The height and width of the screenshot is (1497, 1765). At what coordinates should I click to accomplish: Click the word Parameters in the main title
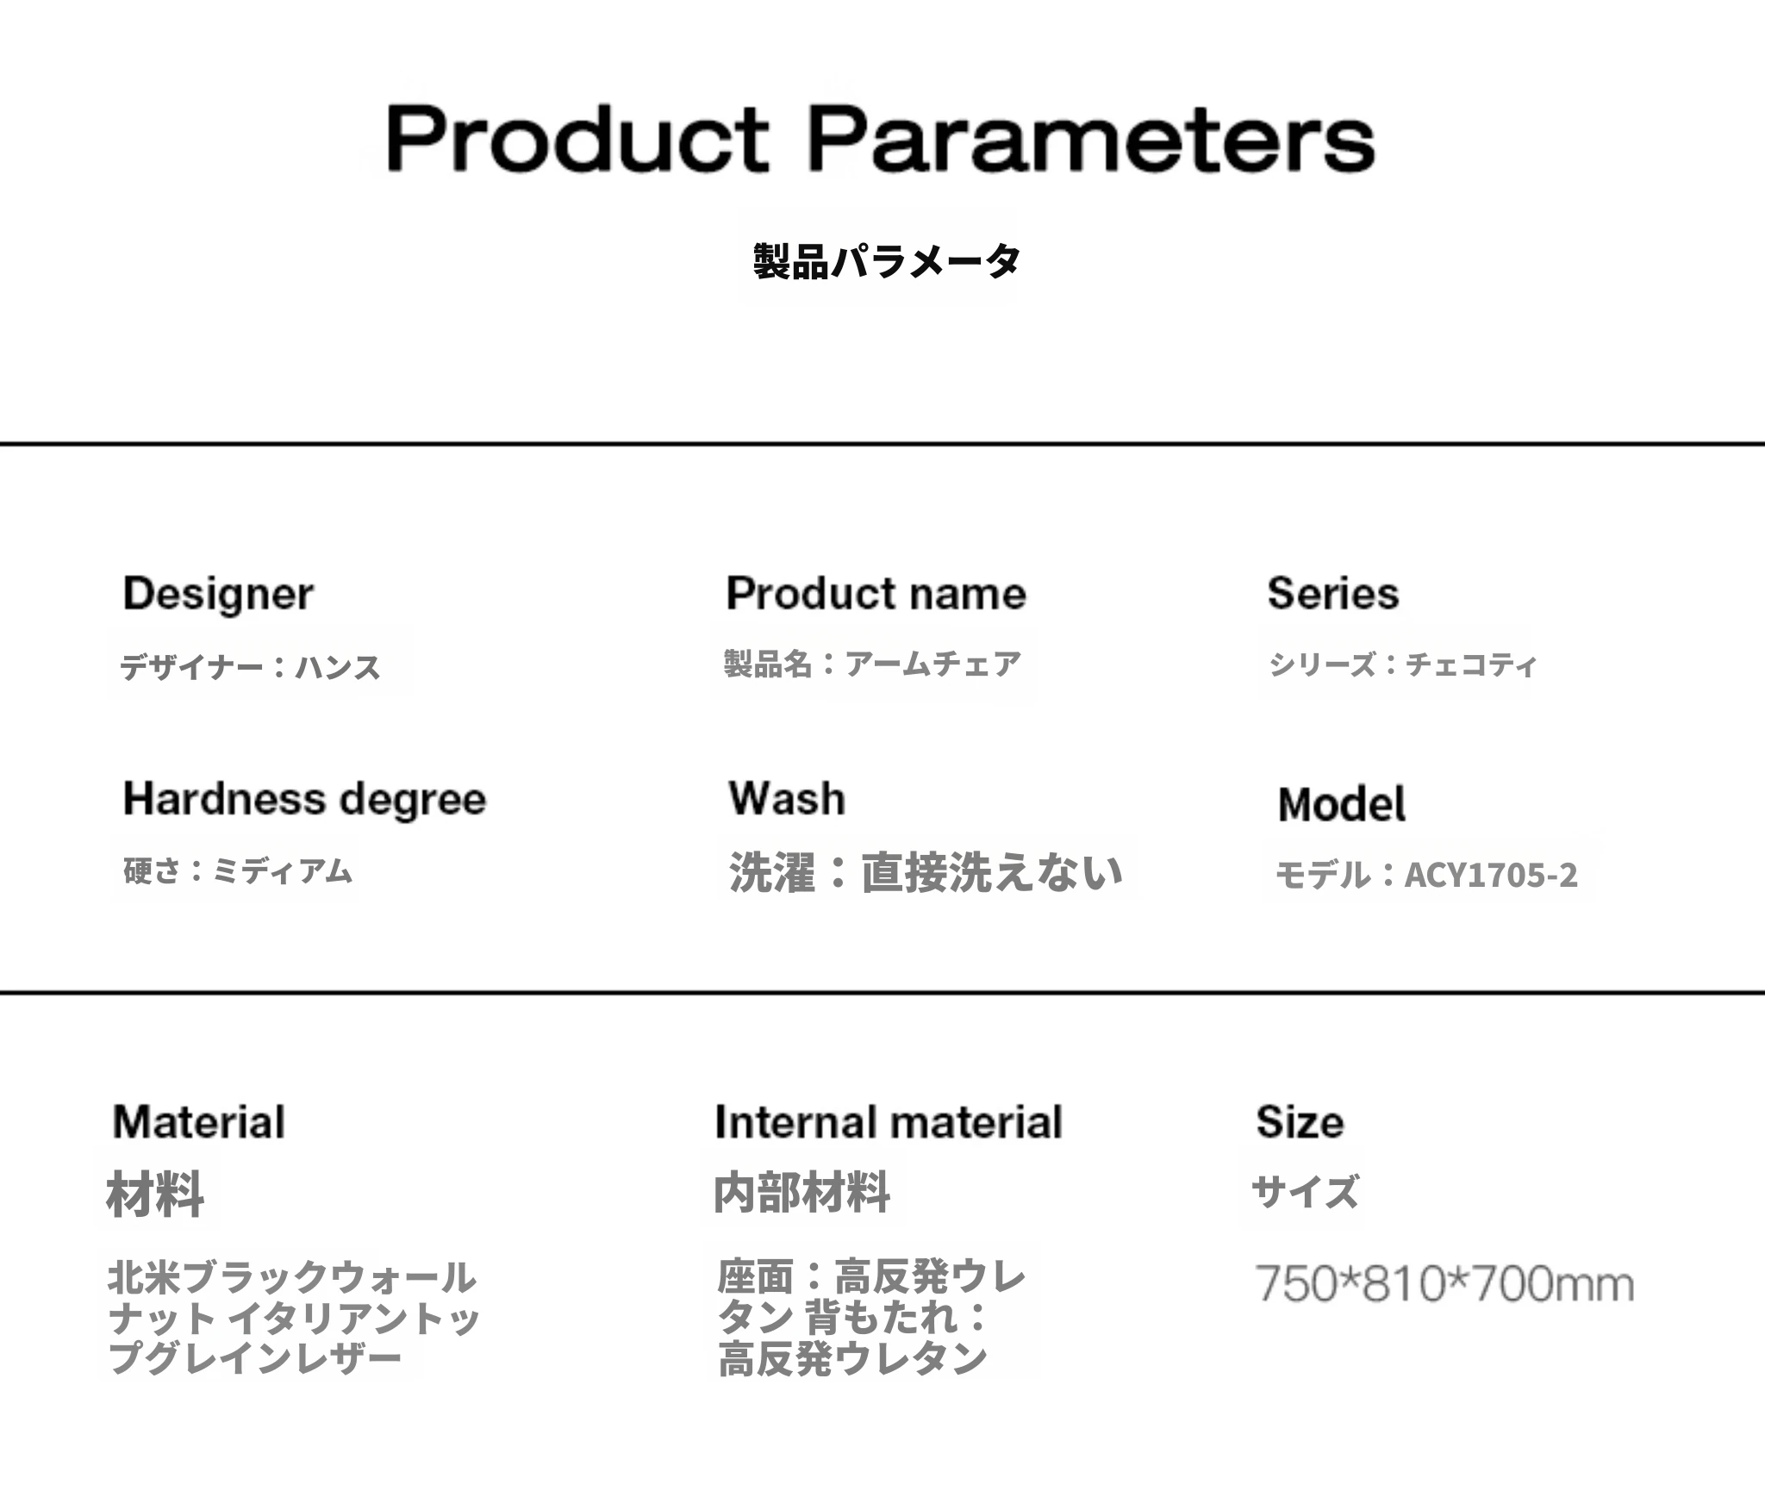1092,139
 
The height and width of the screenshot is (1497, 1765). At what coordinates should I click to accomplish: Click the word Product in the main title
577,139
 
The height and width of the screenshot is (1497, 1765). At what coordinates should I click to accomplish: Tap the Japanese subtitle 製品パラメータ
887,260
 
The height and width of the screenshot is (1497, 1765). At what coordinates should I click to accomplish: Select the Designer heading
218,595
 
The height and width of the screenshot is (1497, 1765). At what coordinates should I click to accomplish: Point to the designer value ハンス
338,667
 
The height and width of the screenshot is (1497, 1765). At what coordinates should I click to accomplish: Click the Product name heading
876,593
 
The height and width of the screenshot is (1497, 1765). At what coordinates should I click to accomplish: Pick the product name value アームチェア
932,664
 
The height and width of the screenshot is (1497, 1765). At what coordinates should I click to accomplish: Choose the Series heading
1333,593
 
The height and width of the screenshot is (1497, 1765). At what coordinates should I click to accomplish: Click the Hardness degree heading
305,800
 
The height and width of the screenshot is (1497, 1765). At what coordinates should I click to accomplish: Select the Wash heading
787,798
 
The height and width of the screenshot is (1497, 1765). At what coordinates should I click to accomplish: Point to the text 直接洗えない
992,872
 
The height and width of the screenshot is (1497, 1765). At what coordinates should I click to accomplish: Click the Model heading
1342,804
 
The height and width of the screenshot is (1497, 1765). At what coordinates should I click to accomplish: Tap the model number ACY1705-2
1491,875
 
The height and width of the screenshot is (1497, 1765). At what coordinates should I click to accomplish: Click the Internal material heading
889,1122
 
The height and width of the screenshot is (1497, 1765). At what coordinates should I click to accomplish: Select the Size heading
1300,1122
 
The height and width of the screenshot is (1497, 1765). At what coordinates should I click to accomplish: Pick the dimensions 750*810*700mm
1444,1283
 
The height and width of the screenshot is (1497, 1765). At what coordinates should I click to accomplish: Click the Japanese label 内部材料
802,1194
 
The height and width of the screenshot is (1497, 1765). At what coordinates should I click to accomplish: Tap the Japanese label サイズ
1305,1192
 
